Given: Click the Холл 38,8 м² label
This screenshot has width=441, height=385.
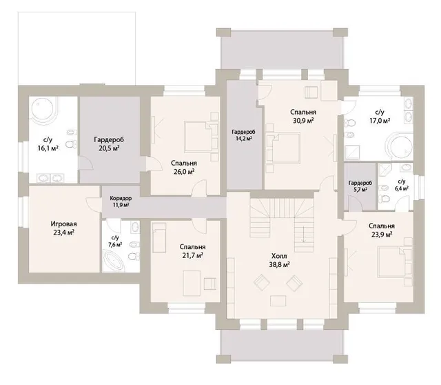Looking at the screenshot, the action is click(279, 261).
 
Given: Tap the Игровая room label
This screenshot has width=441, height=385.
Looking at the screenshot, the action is click(63, 228).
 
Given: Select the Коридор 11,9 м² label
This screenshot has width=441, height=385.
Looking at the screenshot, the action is click(121, 201).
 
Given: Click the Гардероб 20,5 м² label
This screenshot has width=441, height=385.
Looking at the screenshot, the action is click(109, 144).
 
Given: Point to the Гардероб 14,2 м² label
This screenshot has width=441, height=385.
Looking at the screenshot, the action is click(243, 135).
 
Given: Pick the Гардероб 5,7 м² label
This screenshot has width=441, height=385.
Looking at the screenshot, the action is click(360, 186).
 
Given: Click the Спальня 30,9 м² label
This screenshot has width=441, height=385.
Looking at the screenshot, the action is click(303, 117).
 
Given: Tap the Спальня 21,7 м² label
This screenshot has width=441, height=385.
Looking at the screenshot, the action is click(193, 251).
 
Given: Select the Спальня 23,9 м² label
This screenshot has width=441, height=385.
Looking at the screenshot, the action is click(382, 230).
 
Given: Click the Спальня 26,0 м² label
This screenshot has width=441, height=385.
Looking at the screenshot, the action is click(184, 167).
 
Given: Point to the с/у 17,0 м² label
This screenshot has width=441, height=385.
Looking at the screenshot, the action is click(380, 117).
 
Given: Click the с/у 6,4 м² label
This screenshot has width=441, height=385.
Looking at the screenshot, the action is click(402, 185).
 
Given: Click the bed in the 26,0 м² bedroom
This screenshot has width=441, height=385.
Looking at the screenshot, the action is click(201, 137).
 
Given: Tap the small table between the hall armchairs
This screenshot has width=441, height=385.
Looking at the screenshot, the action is click(278, 301).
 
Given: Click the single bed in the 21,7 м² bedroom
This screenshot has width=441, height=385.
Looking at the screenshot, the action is click(159, 237).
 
